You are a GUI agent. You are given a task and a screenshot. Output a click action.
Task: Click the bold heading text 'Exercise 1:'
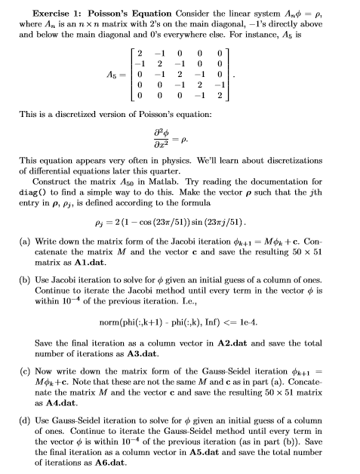tap(58, 13)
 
